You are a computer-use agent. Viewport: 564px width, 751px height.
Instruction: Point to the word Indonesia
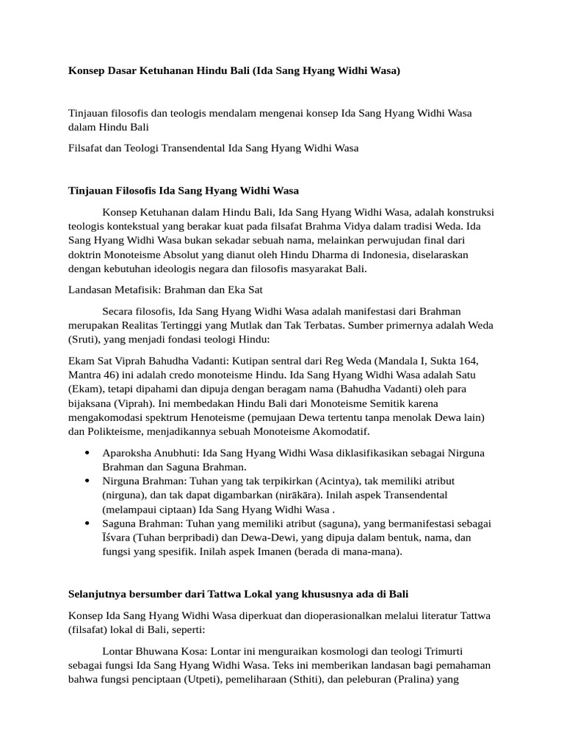(345, 254)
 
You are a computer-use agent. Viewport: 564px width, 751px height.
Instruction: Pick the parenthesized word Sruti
(87, 339)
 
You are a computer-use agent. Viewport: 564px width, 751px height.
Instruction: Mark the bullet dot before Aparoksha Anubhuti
(87, 453)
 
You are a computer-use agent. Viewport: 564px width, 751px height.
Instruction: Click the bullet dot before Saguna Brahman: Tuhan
(87, 523)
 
